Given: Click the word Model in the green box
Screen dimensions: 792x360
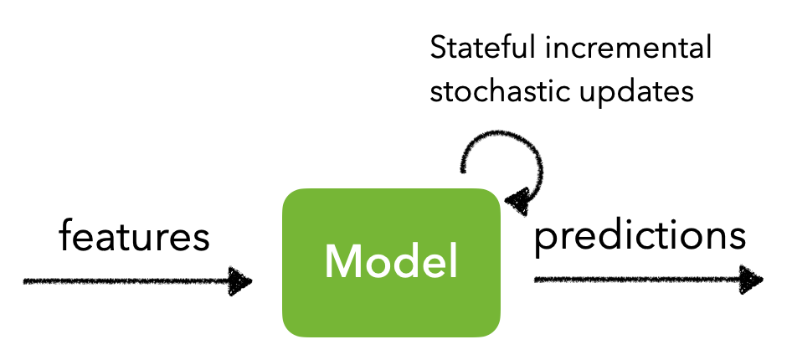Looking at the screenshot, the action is point(391,260).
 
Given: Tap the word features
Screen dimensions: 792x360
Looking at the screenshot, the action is point(134,235).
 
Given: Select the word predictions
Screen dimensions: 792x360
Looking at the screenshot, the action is point(640,236).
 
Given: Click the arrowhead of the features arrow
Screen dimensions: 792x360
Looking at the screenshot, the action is point(239,280).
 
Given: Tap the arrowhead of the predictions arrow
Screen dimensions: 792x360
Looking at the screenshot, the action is point(751,280).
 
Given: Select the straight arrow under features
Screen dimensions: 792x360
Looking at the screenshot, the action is point(137,281).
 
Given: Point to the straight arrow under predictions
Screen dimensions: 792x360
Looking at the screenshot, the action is point(649,280).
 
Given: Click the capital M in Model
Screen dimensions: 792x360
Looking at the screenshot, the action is point(342,261).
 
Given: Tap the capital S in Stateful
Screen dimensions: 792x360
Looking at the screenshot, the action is point(439,48).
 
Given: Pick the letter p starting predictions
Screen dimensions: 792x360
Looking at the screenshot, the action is point(544,242).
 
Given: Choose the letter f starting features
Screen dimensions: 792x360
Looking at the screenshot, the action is point(66,235).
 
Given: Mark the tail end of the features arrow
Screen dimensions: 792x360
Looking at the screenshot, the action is point(25,281).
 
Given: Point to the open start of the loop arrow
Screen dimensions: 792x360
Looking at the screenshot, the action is point(462,170).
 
